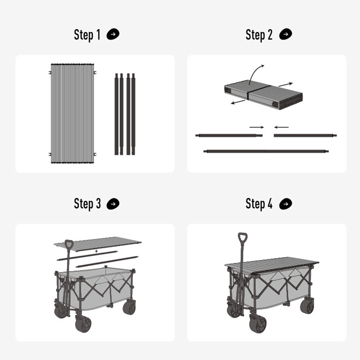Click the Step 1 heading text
[87, 35]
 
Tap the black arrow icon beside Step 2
[285, 34]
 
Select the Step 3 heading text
[87, 204]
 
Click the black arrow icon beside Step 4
[285, 204]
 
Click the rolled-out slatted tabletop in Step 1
[72, 113]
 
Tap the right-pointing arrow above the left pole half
[256, 127]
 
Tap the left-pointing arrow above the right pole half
[282, 127]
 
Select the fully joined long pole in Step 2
[266, 151]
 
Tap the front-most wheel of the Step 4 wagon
[258, 323]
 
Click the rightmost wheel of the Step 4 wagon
[307, 306]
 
